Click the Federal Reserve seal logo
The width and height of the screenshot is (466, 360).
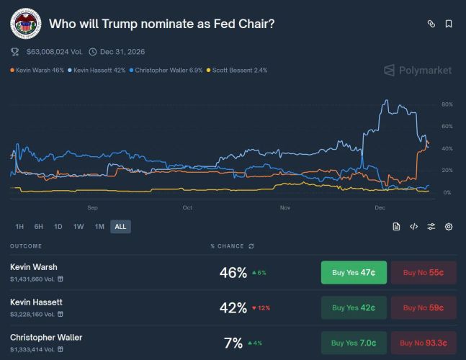point(25,24)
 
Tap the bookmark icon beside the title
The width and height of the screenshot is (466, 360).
point(449,24)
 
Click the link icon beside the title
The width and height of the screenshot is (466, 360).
point(431,24)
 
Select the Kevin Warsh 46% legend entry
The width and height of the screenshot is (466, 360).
point(37,70)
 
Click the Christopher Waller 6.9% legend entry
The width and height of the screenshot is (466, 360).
point(170,70)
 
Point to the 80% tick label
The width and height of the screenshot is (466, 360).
point(447,104)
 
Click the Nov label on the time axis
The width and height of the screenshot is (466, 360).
point(284,208)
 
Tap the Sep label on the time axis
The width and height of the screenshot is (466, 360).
point(92,208)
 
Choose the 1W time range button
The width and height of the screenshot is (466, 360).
point(79,226)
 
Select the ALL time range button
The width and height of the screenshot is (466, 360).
point(120,226)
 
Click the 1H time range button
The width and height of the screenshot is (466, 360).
point(19,226)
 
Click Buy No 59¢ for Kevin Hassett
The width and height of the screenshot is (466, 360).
point(424,307)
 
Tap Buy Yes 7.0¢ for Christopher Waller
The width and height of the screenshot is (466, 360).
point(354,342)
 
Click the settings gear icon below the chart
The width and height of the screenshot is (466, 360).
point(449,226)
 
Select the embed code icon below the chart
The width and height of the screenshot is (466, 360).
point(413,226)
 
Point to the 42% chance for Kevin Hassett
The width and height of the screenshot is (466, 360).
point(233,307)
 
